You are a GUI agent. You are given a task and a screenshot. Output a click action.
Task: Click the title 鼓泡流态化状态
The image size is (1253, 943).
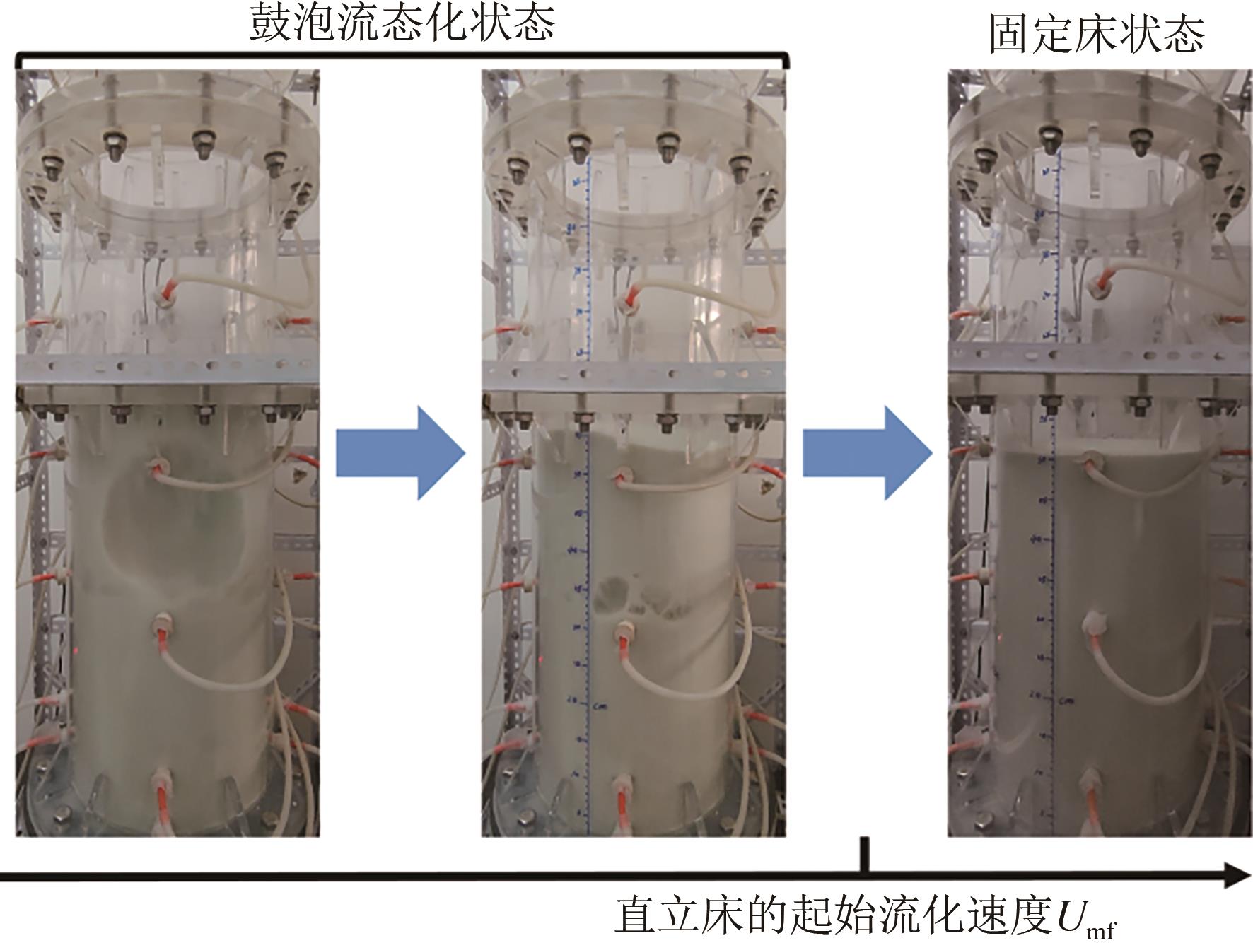coord(402,23)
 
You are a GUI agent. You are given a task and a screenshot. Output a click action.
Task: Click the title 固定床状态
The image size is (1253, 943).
coord(1096,34)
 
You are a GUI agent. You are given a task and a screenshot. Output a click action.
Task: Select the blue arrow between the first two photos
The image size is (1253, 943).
coord(400,453)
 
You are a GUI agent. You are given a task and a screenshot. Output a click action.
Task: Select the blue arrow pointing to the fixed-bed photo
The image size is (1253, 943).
coord(867,453)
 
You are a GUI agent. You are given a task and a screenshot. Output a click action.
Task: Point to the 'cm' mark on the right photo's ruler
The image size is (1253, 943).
coord(1066,701)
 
